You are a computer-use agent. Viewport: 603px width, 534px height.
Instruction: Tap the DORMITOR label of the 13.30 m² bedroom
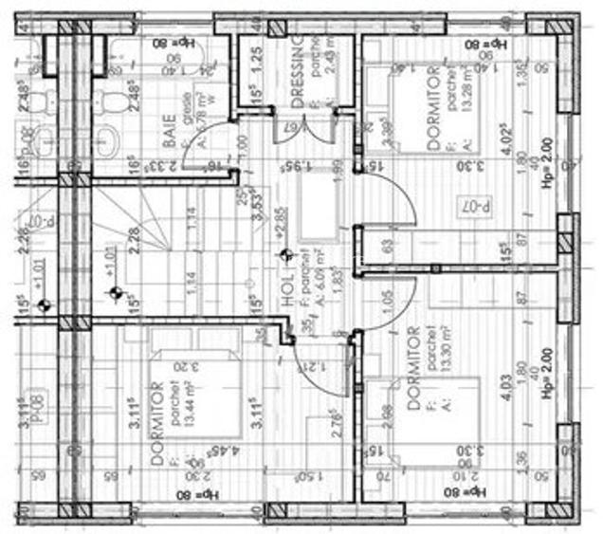(413, 368)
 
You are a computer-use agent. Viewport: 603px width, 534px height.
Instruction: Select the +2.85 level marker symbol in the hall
(287, 254)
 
